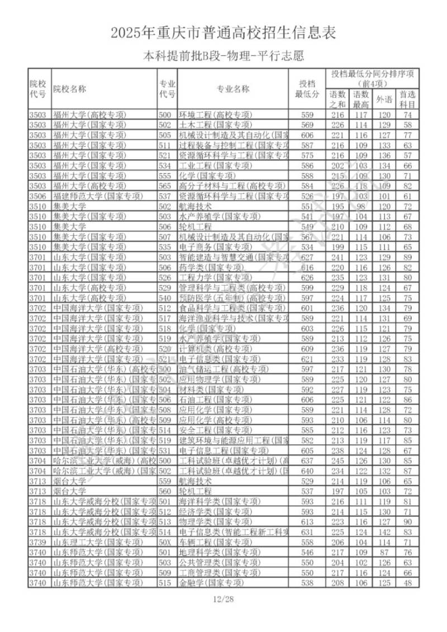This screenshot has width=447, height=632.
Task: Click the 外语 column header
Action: (x=383, y=99)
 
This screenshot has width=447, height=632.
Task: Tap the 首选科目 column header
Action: (x=408, y=99)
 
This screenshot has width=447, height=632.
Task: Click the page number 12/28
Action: (x=223, y=598)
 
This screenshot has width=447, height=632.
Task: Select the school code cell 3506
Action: (x=39, y=196)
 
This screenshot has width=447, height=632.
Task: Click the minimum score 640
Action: (x=307, y=471)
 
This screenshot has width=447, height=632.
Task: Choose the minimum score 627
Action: (x=307, y=257)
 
